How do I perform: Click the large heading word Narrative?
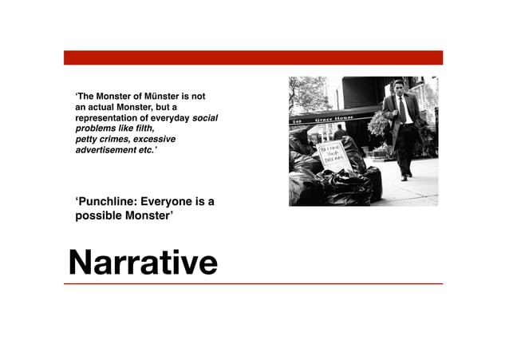[142, 261]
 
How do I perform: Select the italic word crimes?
[113, 138]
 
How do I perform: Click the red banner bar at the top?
[254, 57]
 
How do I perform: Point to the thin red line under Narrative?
[254, 283]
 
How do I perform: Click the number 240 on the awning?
[297, 121]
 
